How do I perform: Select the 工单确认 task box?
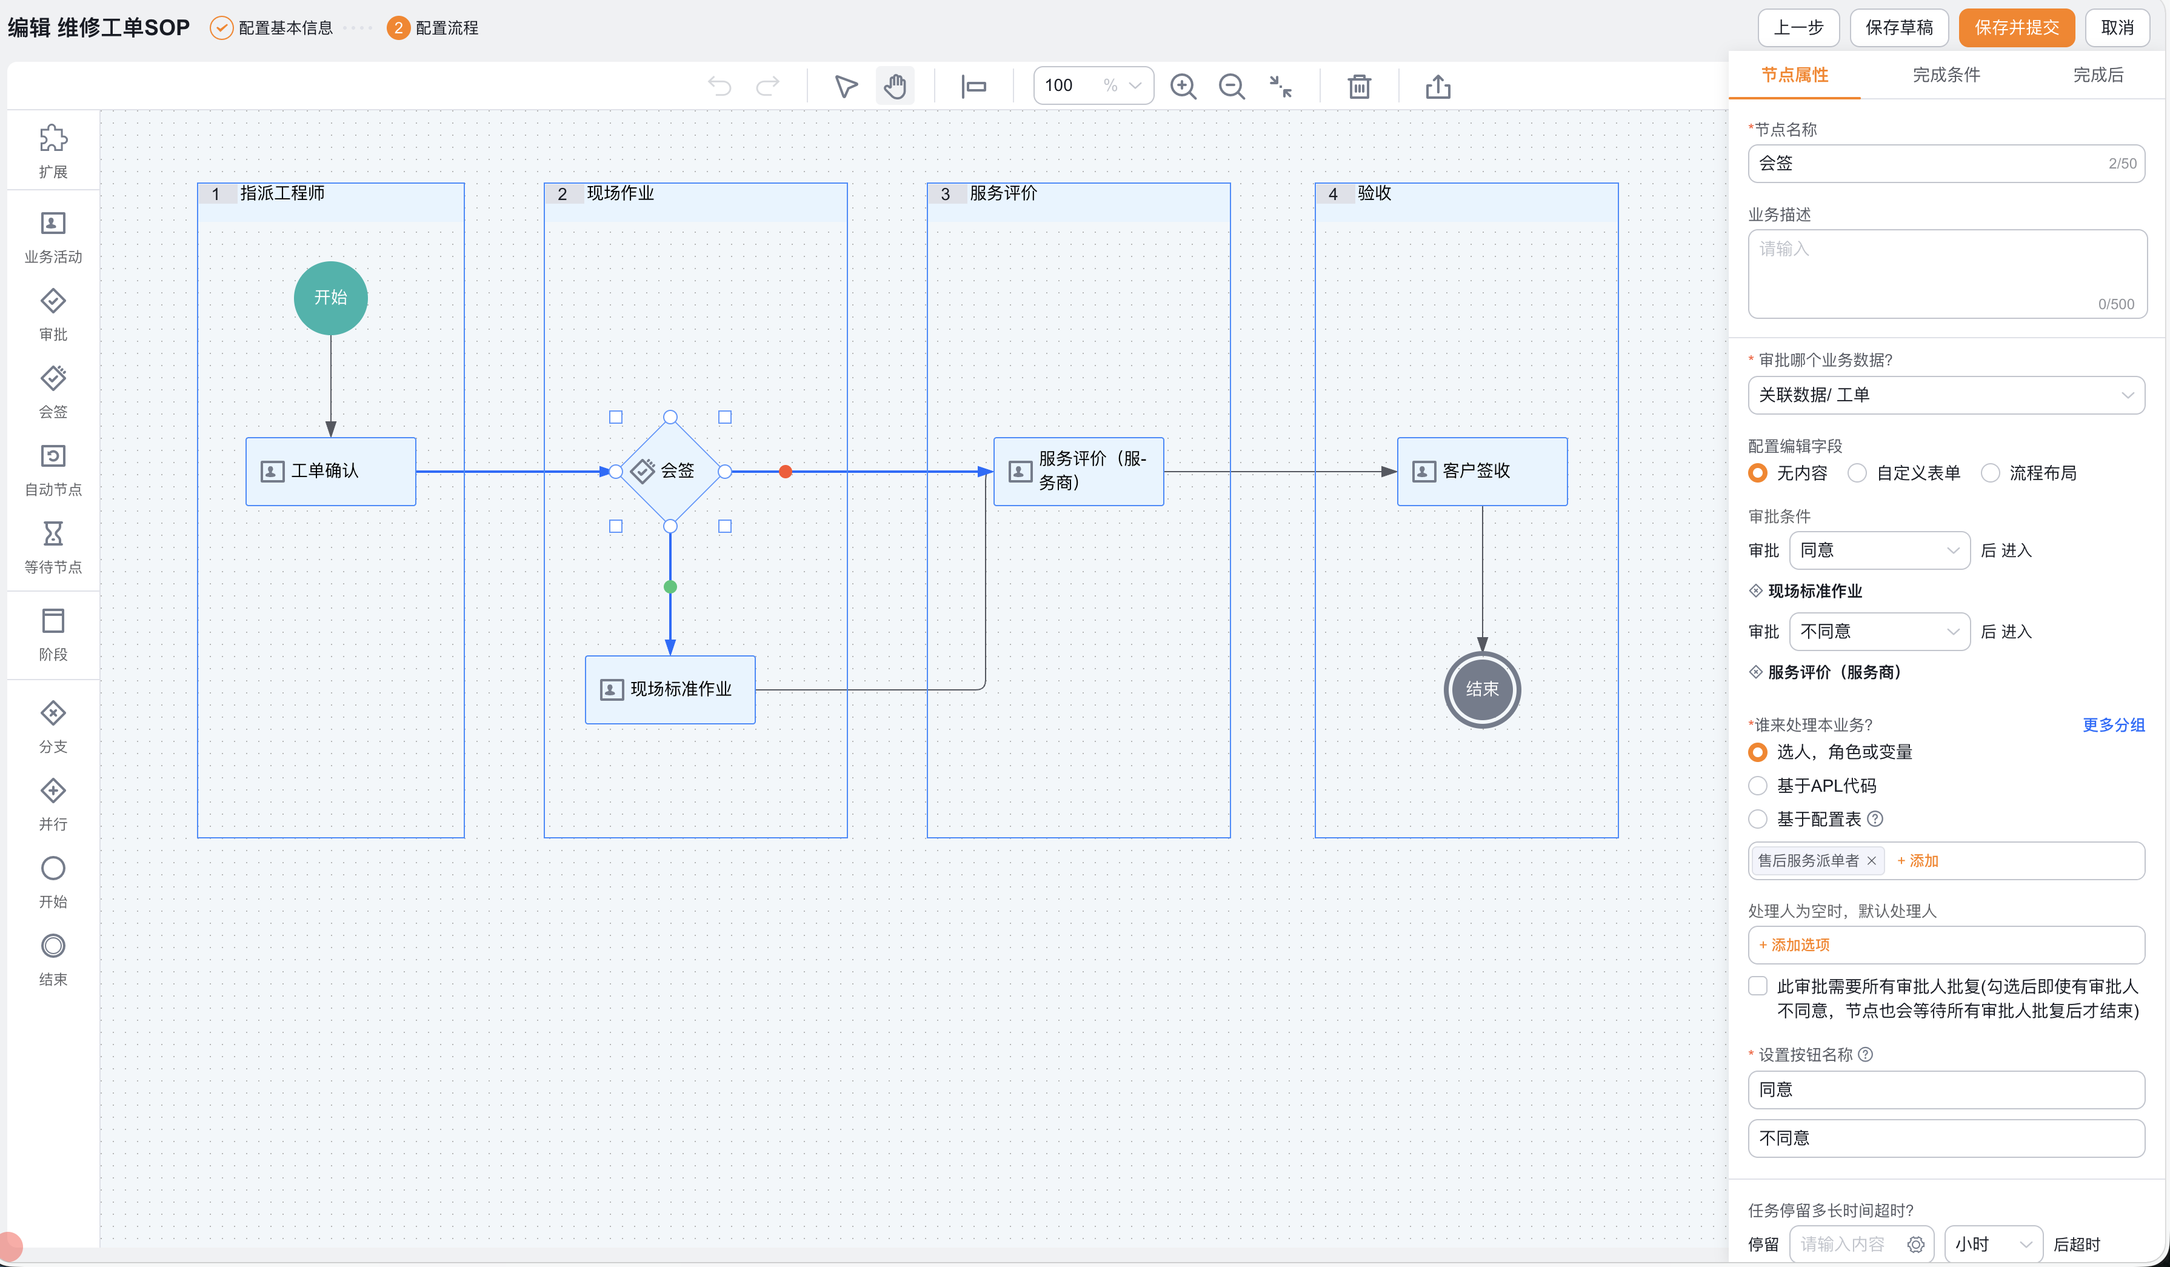(x=331, y=471)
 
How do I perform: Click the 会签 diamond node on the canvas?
(x=670, y=471)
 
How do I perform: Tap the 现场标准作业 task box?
(x=670, y=690)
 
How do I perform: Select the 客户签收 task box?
(x=1482, y=471)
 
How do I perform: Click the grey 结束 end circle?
(x=1482, y=690)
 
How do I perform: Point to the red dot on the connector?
(x=786, y=471)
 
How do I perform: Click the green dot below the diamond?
(x=670, y=587)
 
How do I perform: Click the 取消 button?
(x=2117, y=27)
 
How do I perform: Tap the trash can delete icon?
(x=1359, y=86)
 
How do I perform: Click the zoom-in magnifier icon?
(x=1183, y=86)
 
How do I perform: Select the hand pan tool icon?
(x=895, y=86)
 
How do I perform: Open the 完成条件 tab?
(x=1946, y=75)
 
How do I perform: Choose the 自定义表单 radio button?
(x=1857, y=473)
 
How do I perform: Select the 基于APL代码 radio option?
(x=1758, y=786)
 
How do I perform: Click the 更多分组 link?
(x=2113, y=725)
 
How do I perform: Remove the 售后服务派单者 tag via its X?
(x=1871, y=860)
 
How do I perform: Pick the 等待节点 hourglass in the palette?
(x=53, y=534)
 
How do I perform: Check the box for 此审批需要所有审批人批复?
(x=1758, y=986)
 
